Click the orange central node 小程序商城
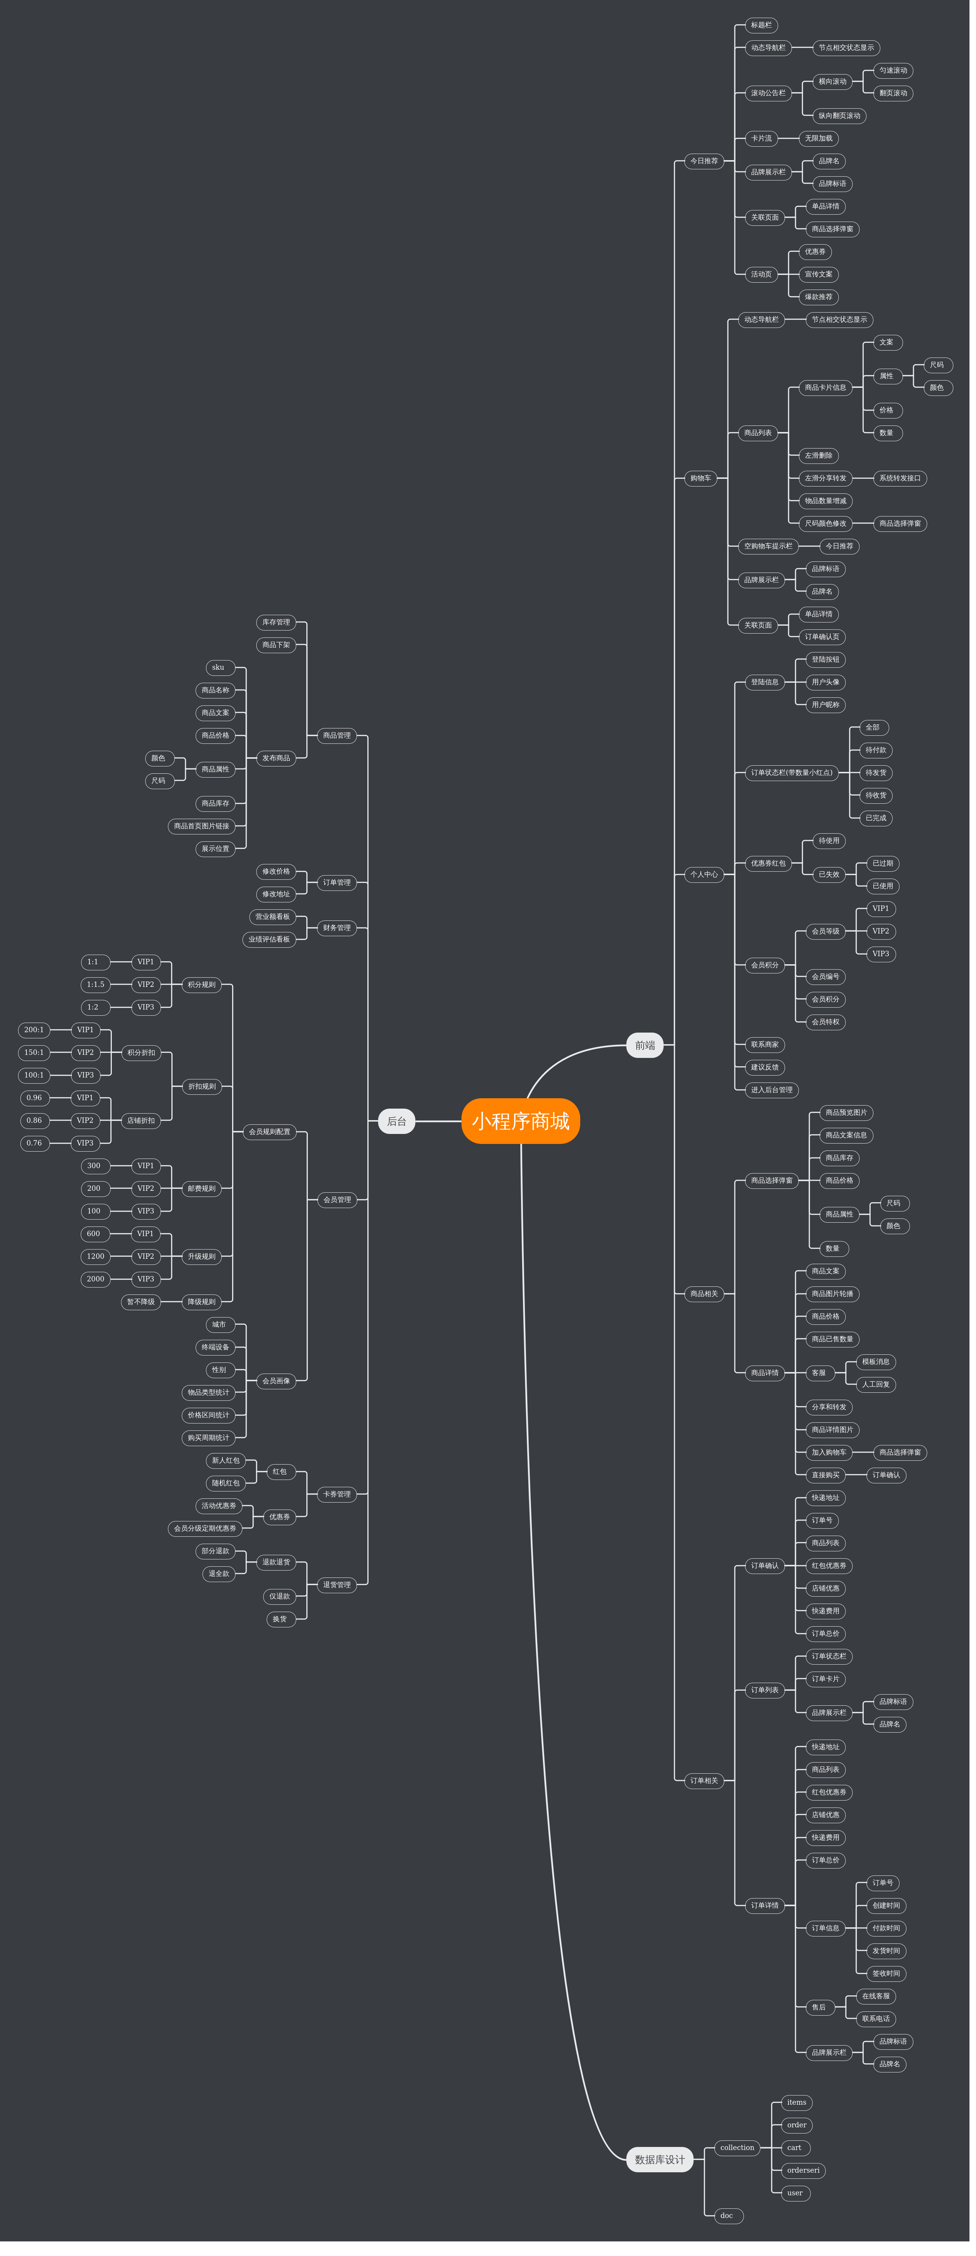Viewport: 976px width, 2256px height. coord(520,1121)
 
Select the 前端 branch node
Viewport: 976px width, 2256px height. coord(645,1045)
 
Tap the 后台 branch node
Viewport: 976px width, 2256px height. coord(396,1121)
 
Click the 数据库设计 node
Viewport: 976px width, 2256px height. coord(660,2160)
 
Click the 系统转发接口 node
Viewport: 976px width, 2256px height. coord(900,478)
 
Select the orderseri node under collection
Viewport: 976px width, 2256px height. coord(803,2170)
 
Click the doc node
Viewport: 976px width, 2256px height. coord(726,2216)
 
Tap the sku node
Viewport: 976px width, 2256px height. coord(218,667)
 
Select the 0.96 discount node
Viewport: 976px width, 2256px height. coord(34,1097)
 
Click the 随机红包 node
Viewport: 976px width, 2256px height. coord(225,1483)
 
